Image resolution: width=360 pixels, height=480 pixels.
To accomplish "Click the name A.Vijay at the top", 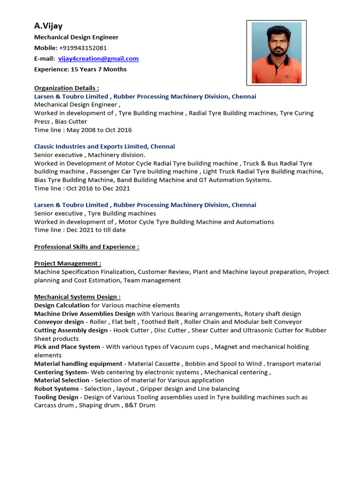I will (x=48, y=26).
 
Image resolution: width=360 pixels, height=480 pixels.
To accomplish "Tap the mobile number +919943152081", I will (x=83, y=48).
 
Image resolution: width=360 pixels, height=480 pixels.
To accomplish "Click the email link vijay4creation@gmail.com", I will (x=98, y=59).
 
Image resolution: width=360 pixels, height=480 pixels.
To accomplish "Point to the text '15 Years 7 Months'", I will (x=98, y=69).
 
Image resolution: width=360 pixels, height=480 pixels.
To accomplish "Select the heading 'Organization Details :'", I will (x=67, y=88).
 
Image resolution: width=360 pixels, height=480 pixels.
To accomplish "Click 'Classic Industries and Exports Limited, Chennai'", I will (x=105, y=147).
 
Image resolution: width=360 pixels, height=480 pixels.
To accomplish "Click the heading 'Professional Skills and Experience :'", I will (x=87, y=247).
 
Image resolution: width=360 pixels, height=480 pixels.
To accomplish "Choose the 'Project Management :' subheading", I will (x=67, y=263).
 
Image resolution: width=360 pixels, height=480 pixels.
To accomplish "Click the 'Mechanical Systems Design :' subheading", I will (x=77, y=297).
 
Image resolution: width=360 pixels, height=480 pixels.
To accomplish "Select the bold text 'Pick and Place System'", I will (x=67, y=347).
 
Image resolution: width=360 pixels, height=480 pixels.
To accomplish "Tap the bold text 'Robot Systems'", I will (x=56, y=389).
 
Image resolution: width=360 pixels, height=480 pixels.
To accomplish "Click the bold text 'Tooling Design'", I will (x=56, y=397).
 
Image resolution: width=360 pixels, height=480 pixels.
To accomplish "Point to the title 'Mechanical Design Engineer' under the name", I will (x=76, y=37).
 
